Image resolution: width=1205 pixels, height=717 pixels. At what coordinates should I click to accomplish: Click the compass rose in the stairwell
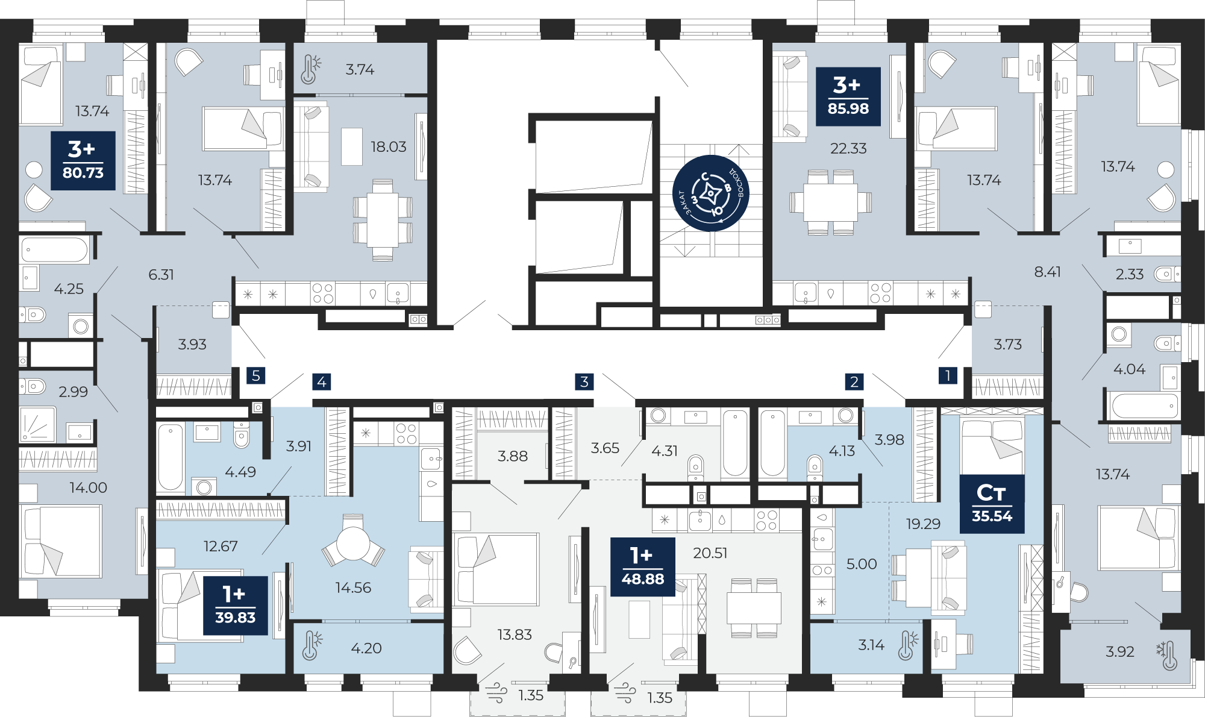point(711,193)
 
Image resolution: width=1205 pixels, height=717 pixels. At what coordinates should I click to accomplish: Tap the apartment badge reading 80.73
point(83,161)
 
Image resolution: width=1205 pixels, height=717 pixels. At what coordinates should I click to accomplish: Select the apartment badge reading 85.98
point(848,96)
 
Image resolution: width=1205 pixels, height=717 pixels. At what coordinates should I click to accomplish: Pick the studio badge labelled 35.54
point(992,504)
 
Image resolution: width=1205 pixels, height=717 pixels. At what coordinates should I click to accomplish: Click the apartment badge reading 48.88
point(643,566)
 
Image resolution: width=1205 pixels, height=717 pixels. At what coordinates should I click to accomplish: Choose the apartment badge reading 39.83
point(236,606)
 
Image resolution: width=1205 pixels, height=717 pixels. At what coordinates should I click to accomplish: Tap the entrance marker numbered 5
point(256,375)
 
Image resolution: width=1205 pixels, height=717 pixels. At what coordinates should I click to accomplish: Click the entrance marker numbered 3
point(584,381)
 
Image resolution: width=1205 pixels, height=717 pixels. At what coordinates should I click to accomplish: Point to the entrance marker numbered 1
point(948,375)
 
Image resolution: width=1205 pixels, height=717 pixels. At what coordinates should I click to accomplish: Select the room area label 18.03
point(389,147)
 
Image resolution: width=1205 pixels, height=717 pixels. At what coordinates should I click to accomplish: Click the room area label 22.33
point(848,148)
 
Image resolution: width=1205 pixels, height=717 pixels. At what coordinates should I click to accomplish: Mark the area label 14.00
point(89,487)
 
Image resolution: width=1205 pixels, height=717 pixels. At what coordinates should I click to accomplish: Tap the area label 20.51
point(710,553)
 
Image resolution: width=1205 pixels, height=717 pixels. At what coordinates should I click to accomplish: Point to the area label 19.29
point(923,524)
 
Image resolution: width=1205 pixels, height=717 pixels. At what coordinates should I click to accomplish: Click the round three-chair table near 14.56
point(353,541)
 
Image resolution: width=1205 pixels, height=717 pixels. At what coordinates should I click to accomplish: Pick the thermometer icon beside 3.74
point(310,69)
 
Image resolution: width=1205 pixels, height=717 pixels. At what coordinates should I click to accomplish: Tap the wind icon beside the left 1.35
point(496,693)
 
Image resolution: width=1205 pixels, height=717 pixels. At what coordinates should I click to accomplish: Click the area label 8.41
point(1048,272)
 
